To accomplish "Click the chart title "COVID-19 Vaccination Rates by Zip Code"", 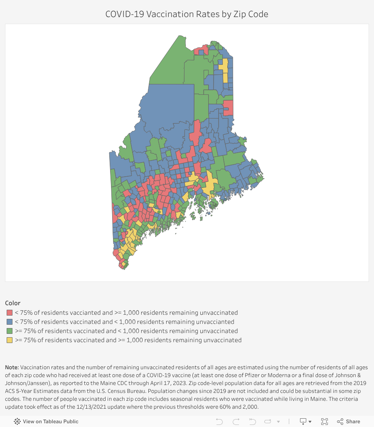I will tap(187, 14).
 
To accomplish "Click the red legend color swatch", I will tap(10, 313).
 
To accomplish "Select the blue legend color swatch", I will tap(10, 322).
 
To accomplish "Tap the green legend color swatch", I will tap(10, 331).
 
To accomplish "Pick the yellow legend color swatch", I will tap(10, 340).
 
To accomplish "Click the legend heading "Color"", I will tap(12, 303).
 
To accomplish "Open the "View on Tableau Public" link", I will tap(46, 421).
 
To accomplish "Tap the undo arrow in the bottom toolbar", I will tap(219, 421).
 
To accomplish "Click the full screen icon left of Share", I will tap(325, 421).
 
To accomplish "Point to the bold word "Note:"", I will tap(12, 368).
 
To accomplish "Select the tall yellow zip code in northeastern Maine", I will tap(224, 71).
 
